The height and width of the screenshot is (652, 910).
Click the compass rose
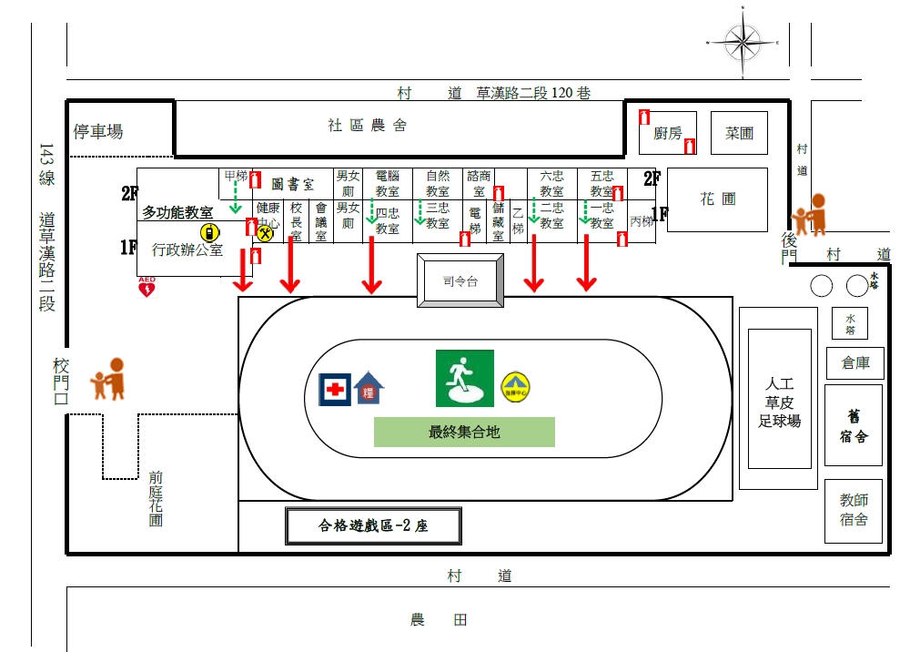click(x=744, y=42)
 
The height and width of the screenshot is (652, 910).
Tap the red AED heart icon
click(x=146, y=289)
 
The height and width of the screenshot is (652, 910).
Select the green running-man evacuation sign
click(x=464, y=378)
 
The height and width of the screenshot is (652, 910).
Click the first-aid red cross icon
click(x=335, y=389)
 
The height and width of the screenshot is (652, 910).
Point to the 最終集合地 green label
click(x=464, y=433)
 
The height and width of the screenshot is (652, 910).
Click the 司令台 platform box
click(x=460, y=281)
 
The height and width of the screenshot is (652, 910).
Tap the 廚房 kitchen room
click(x=668, y=133)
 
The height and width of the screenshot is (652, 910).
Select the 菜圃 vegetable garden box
click(x=739, y=133)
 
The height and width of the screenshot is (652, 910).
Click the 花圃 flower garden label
click(x=717, y=199)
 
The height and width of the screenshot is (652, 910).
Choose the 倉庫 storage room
click(x=854, y=362)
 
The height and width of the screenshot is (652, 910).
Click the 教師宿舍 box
click(x=854, y=511)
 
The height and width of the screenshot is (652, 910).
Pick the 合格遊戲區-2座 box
click(x=373, y=525)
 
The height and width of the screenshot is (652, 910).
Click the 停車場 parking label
click(x=98, y=131)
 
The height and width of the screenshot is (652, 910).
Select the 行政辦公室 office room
click(x=187, y=249)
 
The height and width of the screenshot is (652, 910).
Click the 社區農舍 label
click(x=368, y=126)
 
